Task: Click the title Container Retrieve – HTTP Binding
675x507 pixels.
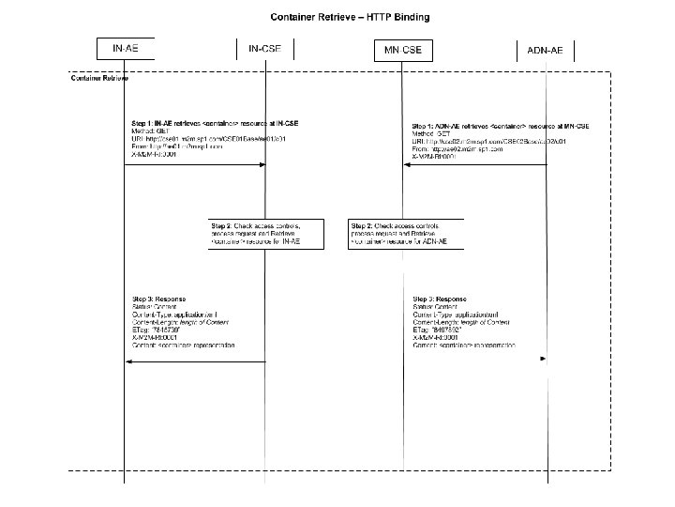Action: coord(337,16)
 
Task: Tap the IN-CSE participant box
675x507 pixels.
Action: coord(265,48)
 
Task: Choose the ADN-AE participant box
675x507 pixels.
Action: coord(545,48)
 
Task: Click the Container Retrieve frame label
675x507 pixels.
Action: coord(100,78)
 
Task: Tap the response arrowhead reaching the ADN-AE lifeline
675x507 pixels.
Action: coord(543,359)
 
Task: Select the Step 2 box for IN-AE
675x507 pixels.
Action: coord(266,234)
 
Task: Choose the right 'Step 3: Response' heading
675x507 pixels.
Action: coord(439,299)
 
